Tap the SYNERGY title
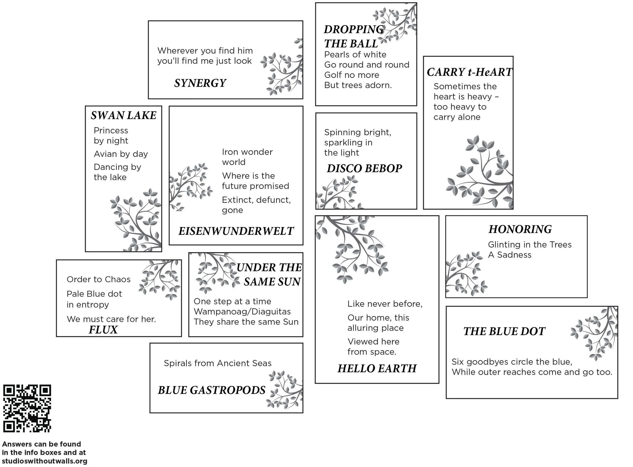(200, 83)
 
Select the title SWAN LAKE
(124, 115)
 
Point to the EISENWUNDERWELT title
(236, 231)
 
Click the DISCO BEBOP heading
(364, 168)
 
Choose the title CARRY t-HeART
(469, 72)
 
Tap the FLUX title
(103, 330)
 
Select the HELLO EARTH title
(377, 368)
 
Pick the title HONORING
(520, 229)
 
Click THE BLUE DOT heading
(504, 331)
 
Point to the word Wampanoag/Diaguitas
(242, 312)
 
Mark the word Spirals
(177, 363)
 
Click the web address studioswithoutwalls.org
(45, 461)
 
